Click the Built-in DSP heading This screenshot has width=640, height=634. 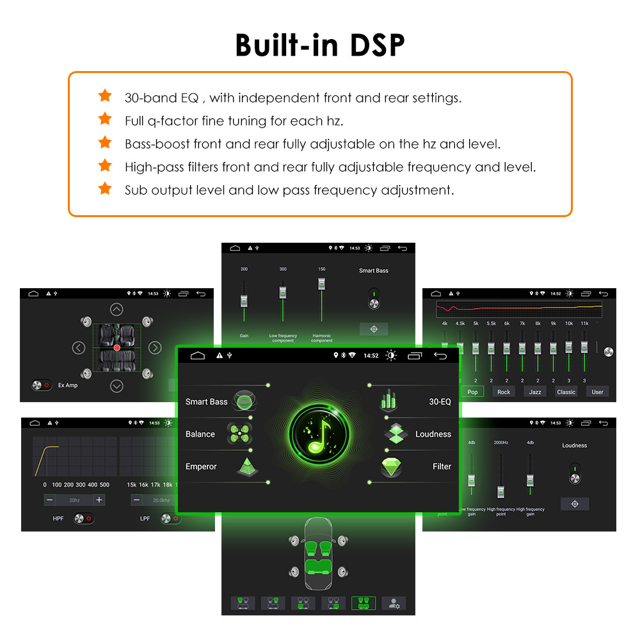[x=320, y=45]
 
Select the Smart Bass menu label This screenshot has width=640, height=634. [x=206, y=402]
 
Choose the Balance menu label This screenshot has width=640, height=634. [x=200, y=434]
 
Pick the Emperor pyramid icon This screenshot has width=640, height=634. [x=247, y=467]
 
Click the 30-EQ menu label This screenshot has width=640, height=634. [x=440, y=402]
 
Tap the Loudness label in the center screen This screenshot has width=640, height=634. [x=433, y=434]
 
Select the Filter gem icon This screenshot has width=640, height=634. [x=392, y=467]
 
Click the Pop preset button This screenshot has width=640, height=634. [x=472, y=392]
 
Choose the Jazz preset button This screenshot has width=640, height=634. [x=534, y=392]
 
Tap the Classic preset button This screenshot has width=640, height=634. [x=566, y=392]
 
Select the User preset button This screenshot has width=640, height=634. [x=597, y=392]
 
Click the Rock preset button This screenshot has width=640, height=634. [x=504, y=392]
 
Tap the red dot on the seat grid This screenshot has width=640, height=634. [x=116, y=348]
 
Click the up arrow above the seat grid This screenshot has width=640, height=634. [x=116, y=310]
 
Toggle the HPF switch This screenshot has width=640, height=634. [x=83, y=518]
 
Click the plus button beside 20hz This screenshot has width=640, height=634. [x=99, y=500]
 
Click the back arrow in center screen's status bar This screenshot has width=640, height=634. [x=440, y=355]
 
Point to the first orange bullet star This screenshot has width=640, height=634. [x=105, y=96]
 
